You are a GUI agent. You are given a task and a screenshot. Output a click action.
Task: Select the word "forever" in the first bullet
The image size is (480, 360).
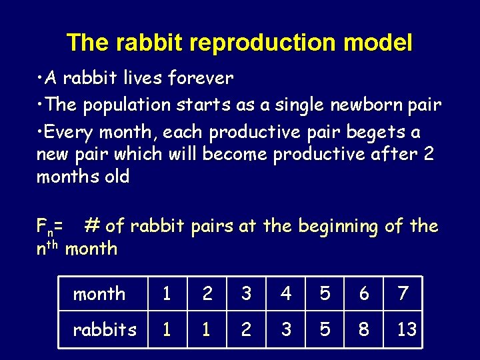(x=201, y=79)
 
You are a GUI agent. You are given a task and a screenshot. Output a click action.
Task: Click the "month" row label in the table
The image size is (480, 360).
(x=99, y=293)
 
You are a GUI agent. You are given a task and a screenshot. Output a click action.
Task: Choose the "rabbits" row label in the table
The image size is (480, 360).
(x=105, y=329)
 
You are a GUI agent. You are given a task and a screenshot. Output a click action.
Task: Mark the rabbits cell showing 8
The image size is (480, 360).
(x=364, y=329)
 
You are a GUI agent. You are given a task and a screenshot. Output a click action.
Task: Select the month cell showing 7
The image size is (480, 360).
(x=403, y=293)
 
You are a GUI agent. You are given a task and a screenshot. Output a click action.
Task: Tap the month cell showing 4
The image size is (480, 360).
(x=286, y=293)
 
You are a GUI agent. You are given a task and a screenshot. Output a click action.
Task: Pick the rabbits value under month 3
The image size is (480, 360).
(x=247, y=329)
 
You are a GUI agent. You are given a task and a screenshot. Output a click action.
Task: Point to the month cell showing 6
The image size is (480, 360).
(x=364, y=293)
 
